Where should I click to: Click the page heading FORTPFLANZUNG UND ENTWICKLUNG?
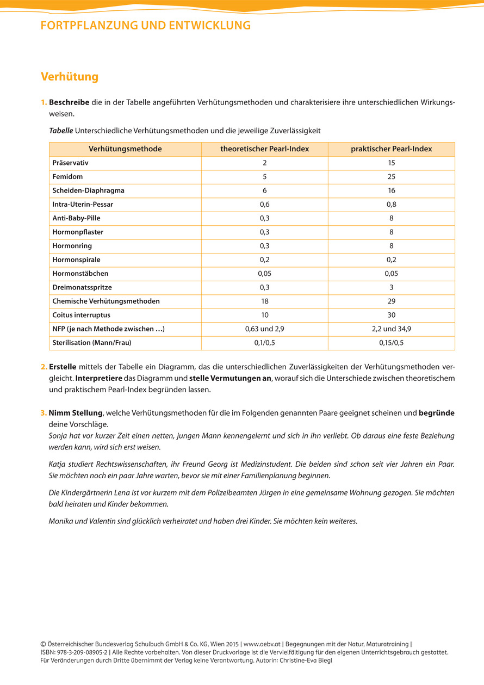[146, 25]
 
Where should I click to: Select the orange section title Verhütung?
[70, 77]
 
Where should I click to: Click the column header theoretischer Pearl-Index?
[264, 149]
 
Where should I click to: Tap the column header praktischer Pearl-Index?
[392, 149]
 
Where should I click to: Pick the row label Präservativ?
[70, 163]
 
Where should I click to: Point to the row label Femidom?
[67, 177]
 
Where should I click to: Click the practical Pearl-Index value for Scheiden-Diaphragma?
[392, 190]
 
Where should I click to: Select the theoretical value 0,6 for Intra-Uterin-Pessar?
[264, 205]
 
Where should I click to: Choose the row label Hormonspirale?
[76, 260]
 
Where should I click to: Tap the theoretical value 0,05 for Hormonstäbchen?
[264, 274]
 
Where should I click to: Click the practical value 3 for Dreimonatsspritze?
[392, 287]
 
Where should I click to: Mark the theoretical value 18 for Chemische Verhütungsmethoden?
[264, 301]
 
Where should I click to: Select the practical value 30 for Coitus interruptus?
[392, 315]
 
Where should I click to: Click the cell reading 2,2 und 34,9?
[392, 329]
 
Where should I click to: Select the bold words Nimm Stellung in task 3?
[75, 413]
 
